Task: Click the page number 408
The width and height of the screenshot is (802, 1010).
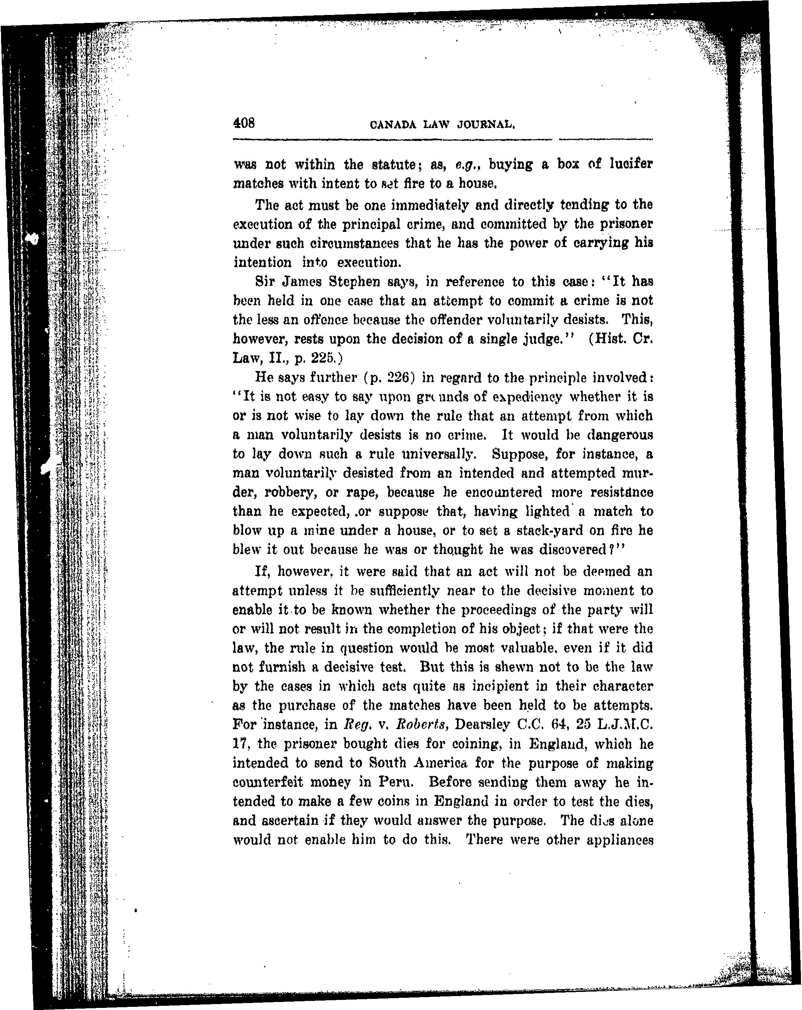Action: click(x=244, y=123)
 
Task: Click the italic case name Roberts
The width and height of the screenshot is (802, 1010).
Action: click(x=423, y=724)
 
